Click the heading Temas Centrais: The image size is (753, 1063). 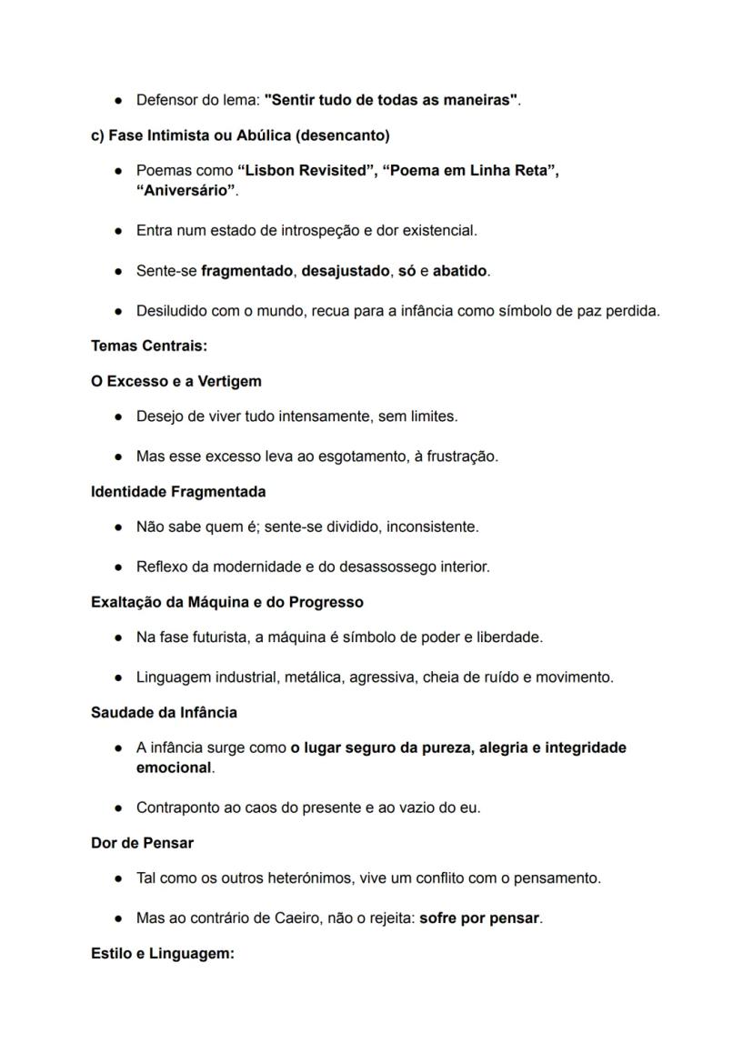click(x=149, y=346)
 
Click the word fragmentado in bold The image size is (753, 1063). click(x=246, y=271)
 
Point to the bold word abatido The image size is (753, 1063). click(x=459, y=271)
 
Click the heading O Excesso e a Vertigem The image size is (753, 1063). click(x=176, y=381)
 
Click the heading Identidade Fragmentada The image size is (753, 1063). click(x=178, y=492)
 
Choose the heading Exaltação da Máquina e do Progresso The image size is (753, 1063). click(x=226, y=603)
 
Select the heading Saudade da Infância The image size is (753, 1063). click(x=164, y=713)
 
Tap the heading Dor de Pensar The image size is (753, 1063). click(x=142, y=843)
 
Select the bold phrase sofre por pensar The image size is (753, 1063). click(x=479, y=918)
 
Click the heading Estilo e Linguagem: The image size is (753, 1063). click(x=163, y=954)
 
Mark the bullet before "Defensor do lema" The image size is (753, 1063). click(x=119, y=100)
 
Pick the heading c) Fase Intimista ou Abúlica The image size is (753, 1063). click(x=240, y=135)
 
